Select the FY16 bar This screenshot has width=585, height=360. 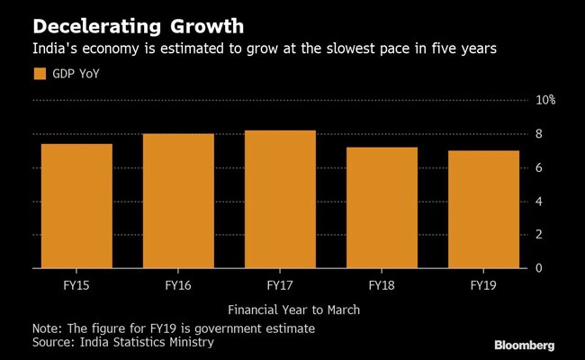(178, 201)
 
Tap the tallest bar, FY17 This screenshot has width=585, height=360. (281, 200)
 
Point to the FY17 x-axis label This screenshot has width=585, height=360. (281, 285)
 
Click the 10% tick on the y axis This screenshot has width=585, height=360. (546, 100)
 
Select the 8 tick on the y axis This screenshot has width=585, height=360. (540, 134)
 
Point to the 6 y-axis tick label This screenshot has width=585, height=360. (540, 167)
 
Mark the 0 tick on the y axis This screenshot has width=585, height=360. (540, 268)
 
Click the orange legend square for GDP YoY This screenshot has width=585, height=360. (39, 74)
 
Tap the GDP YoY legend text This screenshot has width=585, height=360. (76, 74)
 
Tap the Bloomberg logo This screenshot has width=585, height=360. (523, 344)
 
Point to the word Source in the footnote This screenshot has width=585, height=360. (53, 343)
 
